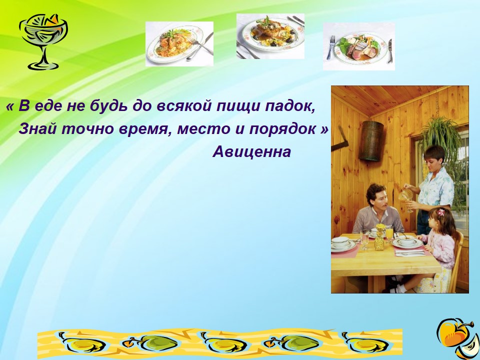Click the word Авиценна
coord(251,151)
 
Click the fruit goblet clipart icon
coord(43,41)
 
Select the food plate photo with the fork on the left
coord(359,46)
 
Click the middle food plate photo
coord(270,36)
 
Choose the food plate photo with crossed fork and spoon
coord(179,44)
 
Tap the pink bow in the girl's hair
coord(440,212)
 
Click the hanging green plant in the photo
coord(441,134)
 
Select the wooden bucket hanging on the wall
coord(370,141)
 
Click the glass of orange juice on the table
coord(389,233)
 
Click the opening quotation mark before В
coord(10,107)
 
